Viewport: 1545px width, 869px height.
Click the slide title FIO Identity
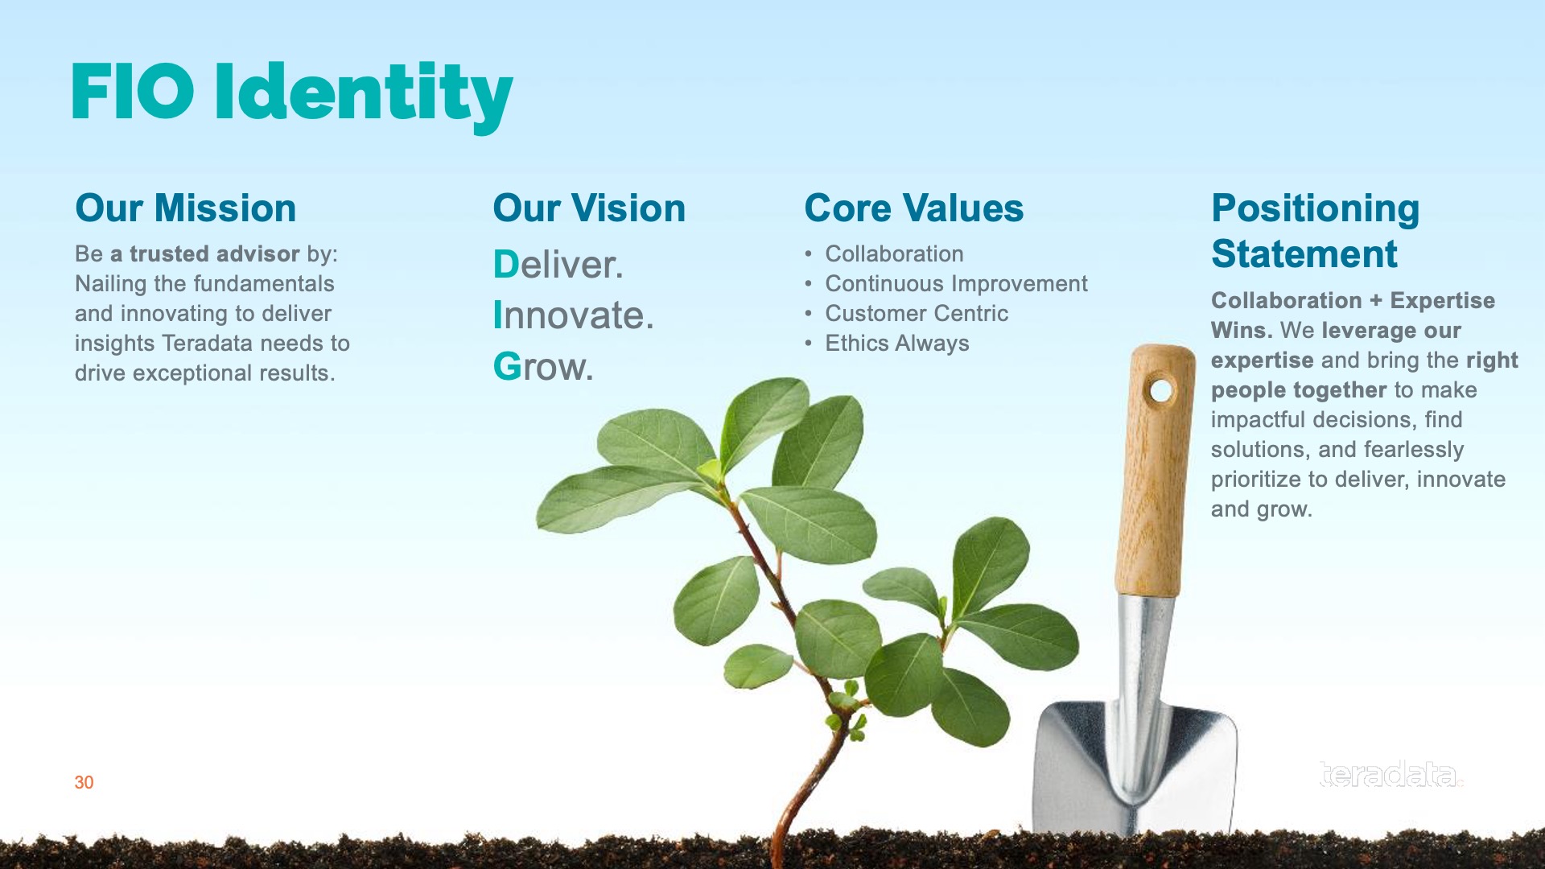click(x=292, y=95)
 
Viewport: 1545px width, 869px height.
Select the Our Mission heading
click(x=186, y=208)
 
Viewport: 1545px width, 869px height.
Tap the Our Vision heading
click(x=589, y=208)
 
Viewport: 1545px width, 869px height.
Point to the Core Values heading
click(x=914, y=208)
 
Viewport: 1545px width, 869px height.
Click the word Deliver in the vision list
click(x=558, y=265)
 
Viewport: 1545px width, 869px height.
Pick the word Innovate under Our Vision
click(x=573, y=315)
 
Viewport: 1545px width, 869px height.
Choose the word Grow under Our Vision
click(x=543, y=367)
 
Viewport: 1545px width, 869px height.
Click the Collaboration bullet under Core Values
click(x=894, y=254)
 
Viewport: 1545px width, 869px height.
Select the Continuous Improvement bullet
click(x=956, y=284)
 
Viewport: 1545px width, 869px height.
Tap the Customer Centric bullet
click(x=917, y=314)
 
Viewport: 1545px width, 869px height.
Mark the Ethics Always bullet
click(x=897, y=344)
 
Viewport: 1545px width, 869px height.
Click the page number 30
click(x=84, y=782)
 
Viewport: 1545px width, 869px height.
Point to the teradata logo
click(x=1391, y=774)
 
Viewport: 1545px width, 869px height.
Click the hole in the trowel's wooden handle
click(x=1160, y=391)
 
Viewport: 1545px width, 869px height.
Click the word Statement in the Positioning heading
click(x=1304, y=254)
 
